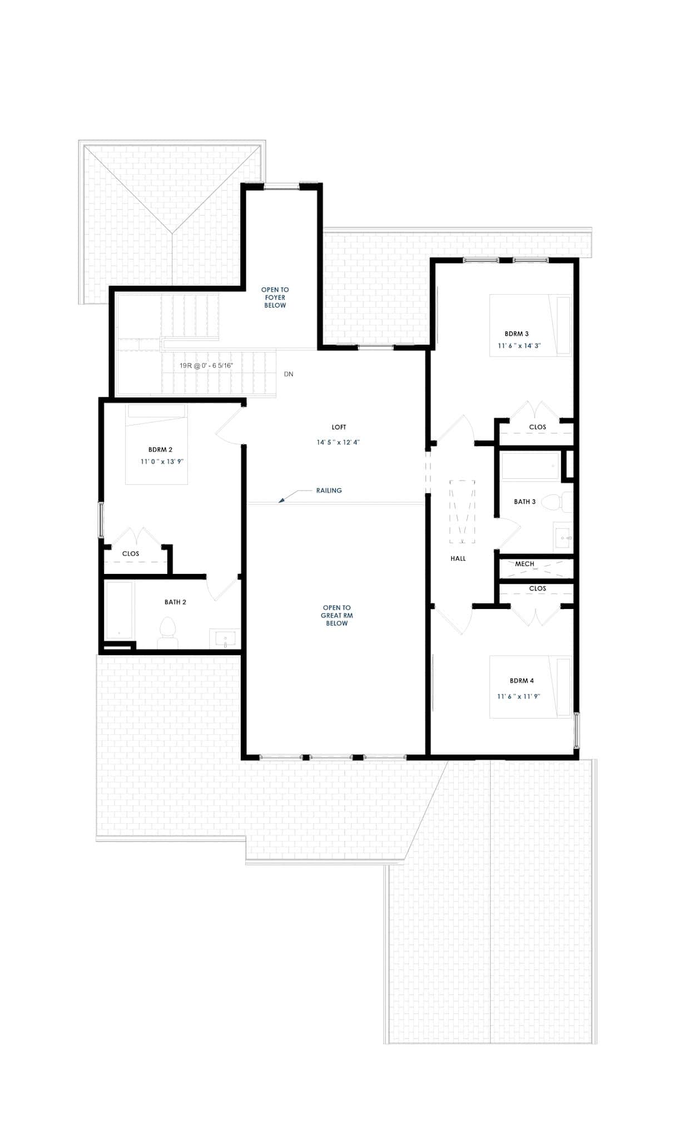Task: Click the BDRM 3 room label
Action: (516, 334)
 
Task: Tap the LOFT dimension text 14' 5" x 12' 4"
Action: (338, 443)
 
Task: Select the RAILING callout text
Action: (329, 491)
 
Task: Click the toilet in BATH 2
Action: (167, 631)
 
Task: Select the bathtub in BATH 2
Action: (119, 610)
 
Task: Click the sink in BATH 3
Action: (562, 537)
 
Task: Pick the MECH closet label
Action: (524, 564)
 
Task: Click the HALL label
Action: (458, 558)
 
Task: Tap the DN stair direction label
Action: (288, 374)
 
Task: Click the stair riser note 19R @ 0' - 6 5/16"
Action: (206, 366)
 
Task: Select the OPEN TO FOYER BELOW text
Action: (275, 298)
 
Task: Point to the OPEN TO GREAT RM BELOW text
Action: (336, 616)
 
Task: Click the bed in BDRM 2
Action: (156, 445)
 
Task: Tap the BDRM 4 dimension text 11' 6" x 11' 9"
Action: (518, 696)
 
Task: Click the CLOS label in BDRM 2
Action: (131, 554)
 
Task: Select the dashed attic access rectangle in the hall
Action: (462, 512)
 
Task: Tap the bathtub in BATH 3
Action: (529, 465)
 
